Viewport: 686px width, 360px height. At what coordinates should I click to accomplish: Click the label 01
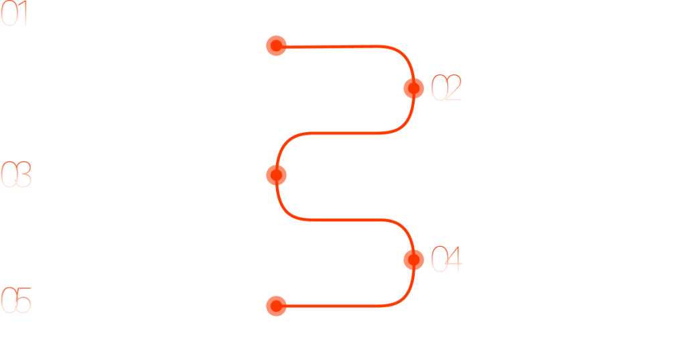pos(14,13)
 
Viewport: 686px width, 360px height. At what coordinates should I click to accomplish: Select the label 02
pos(446,88)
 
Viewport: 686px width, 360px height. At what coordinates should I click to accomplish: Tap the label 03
pos(16,174)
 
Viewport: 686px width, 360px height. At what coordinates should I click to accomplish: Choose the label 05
pos(16,300)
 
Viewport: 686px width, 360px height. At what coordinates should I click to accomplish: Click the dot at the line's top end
pos(276,46)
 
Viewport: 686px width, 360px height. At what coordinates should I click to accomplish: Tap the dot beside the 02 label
pos(413,88)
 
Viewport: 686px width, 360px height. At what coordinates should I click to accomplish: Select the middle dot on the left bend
pos(276,175)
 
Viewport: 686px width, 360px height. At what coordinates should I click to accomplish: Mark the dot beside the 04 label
pos(413,259)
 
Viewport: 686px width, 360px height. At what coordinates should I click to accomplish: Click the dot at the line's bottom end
pos(276,306)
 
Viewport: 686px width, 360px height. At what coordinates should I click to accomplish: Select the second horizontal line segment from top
pos(346,133)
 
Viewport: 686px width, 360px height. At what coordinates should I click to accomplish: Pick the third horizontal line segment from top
pos(346,219)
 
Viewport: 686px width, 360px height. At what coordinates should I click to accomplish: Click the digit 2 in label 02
pos(454,88)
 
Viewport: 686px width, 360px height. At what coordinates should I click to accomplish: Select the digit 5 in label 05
pos(23,300)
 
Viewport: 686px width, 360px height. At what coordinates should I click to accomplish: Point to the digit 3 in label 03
pos(23,174)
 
